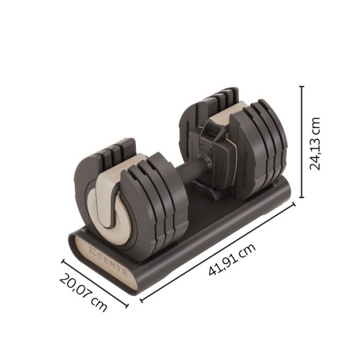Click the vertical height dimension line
click(302, 141)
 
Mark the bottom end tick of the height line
click(302, 197)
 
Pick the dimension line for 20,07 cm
click(94, 282)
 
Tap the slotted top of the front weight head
click(115, 152)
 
